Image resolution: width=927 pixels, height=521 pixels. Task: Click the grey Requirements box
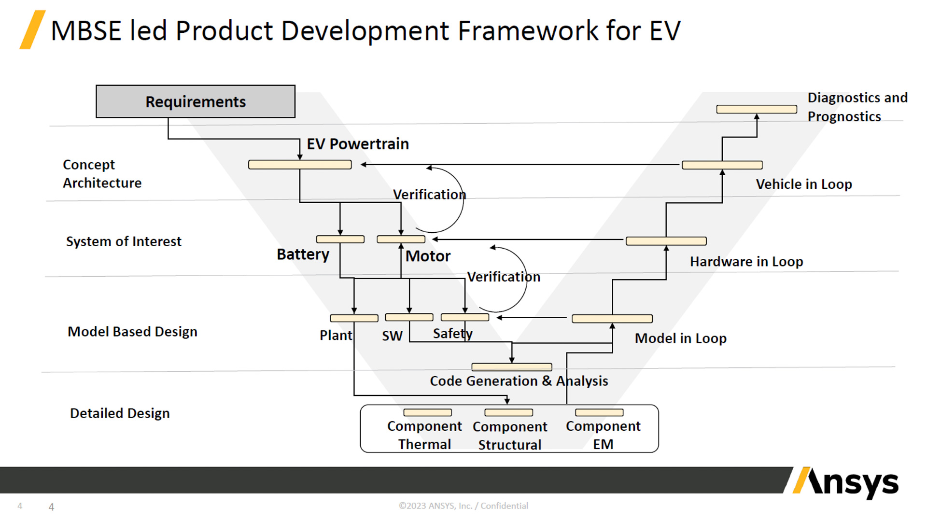tap(196, 101)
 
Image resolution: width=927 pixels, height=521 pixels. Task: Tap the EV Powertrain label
tap(358, 144)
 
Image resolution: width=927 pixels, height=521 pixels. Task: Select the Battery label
tap(303, 254)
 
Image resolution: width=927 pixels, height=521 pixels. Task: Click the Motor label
tap(428, 256)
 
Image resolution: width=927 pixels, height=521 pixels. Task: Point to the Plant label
tap(336, 335)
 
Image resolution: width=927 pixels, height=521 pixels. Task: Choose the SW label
tap(392, 336)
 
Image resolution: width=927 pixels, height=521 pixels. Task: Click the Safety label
tap(452, 334)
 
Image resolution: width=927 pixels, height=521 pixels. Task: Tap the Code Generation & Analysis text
tap(519, 381)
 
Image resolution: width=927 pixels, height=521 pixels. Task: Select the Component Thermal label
tap(424, 435)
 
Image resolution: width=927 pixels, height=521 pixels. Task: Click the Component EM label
tap(603, 435)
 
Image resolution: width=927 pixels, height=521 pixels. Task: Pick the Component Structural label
tap(510, 436)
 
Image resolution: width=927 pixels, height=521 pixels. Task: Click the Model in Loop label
tap(680, 338)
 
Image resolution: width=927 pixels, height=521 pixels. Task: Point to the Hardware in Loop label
tap(746, 262)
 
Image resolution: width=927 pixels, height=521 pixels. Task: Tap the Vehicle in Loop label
tap(804, 184)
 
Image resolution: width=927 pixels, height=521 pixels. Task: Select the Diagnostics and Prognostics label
tap(857, 107)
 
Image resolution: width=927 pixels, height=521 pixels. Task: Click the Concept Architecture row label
tap(102, 174)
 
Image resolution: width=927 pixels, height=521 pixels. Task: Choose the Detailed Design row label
tap(120, 413)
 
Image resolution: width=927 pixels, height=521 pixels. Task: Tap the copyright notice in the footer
tap(463, 506)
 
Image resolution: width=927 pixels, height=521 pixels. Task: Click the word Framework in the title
tap(528, 31)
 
